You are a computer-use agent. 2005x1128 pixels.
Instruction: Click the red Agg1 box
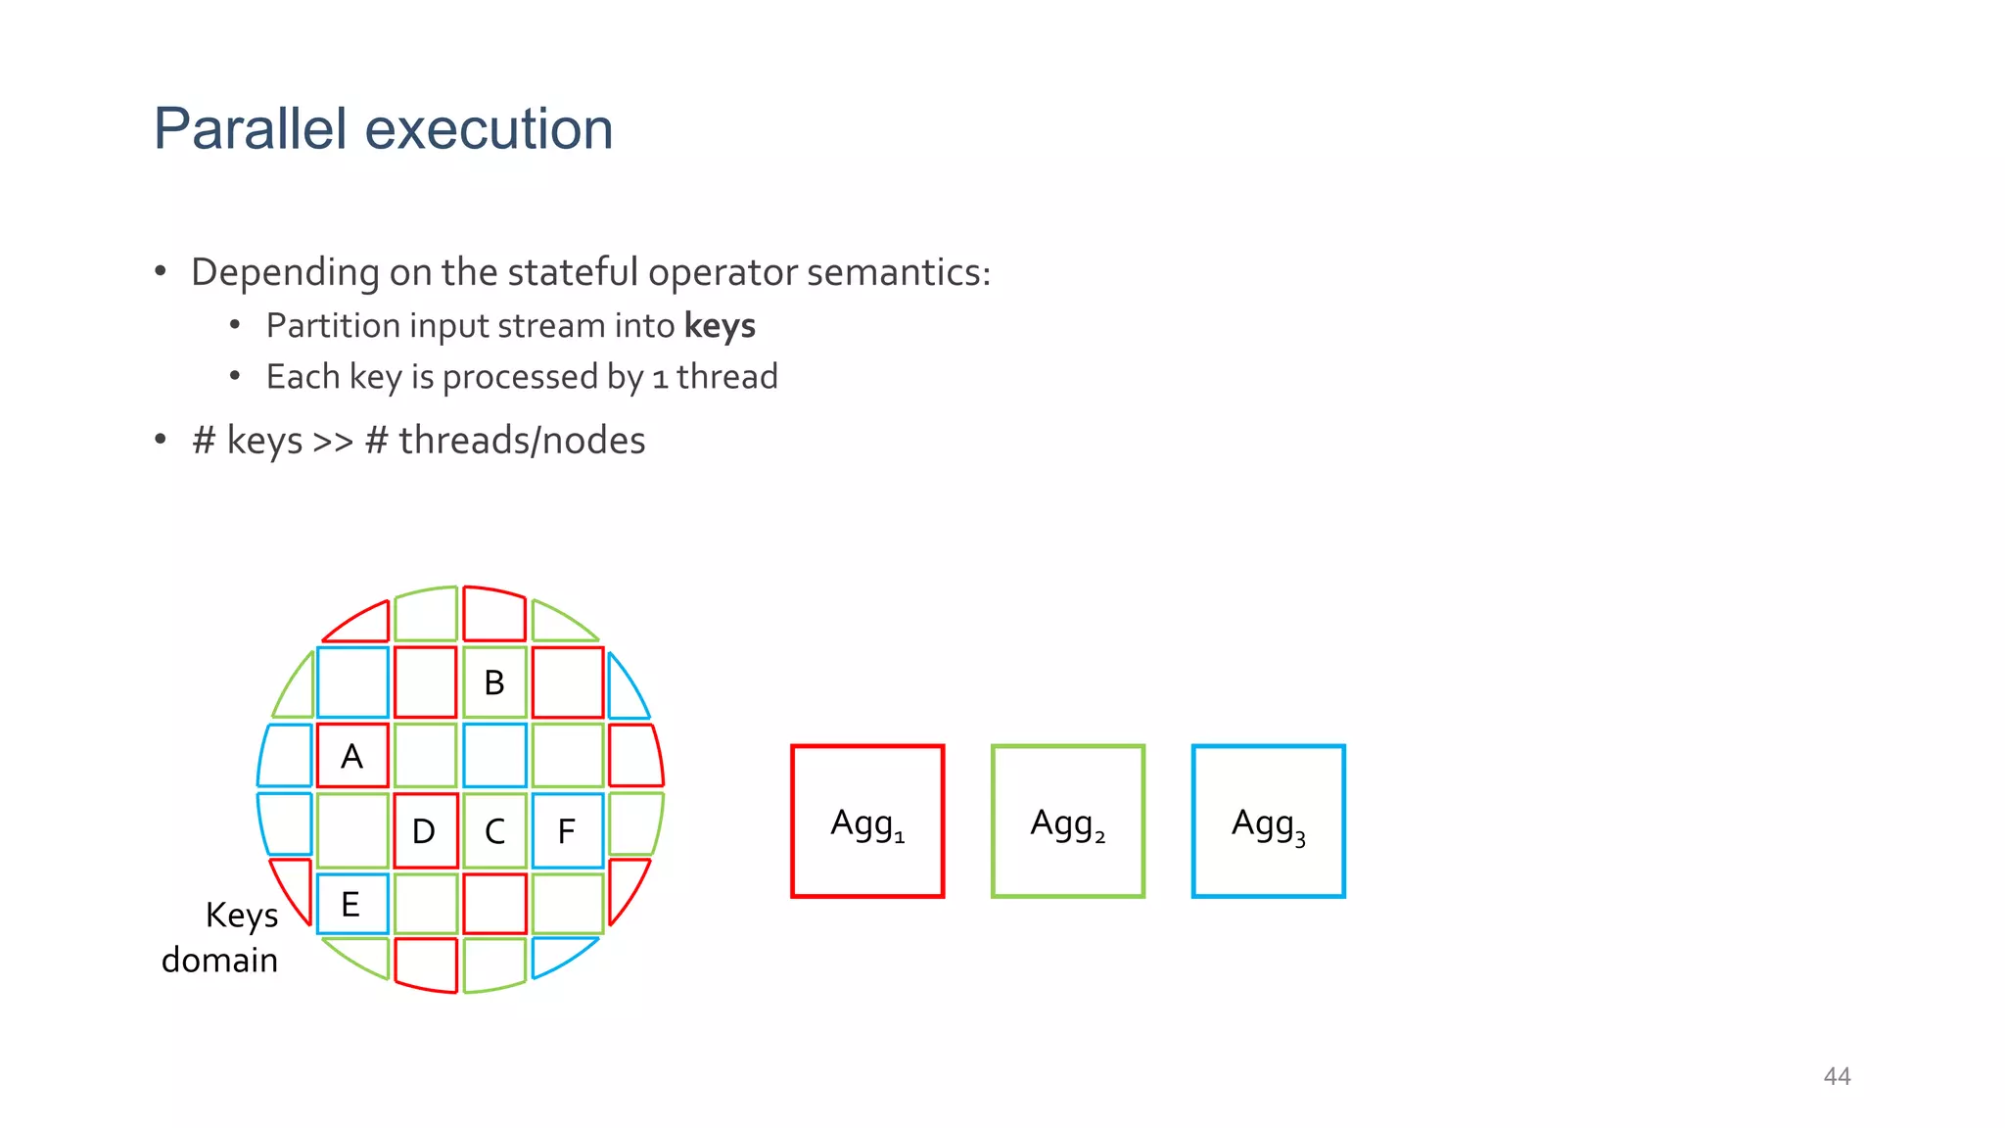pyautogui.click(x=867, y=821)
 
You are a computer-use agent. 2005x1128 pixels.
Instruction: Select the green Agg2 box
pyautogui.click(x=1067, y=821)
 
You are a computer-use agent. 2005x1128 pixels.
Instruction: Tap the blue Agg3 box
pyautogui.click(x=1268, y=821)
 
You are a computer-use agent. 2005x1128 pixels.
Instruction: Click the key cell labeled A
pyautogui.click(x=352, y=756)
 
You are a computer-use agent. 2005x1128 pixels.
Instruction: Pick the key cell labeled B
pyautogui.click(x=494, y=682)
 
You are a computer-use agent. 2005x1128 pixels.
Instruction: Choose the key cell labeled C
pyautogui.click(x=494, y=831)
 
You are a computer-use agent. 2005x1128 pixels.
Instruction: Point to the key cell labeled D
pyautogui.click(x=424, y=831)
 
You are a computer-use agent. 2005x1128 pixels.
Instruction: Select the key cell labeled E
pyautogui.click(x=351, y=904)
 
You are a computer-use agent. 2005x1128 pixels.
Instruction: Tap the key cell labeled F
pyautogui.click(x=567, y=831)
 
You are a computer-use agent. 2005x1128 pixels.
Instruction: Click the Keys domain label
pyautogui.click(x=224, y=937)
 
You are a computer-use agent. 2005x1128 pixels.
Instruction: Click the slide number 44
pyautogui.click(x=1837, y=1076)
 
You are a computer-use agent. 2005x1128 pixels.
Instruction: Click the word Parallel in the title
pyautogui.click(x=251, y=128)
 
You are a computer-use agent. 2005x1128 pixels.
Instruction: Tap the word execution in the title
pyautogui.click(x=489, y=128)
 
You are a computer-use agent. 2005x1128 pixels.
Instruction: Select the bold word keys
pyautogui.click(x=720, y=326)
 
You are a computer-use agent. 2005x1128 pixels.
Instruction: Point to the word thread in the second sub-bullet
pyautogui.click(x=726, y=376)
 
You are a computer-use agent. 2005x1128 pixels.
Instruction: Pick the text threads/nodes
pyautogui.click(x=522, y=441)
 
